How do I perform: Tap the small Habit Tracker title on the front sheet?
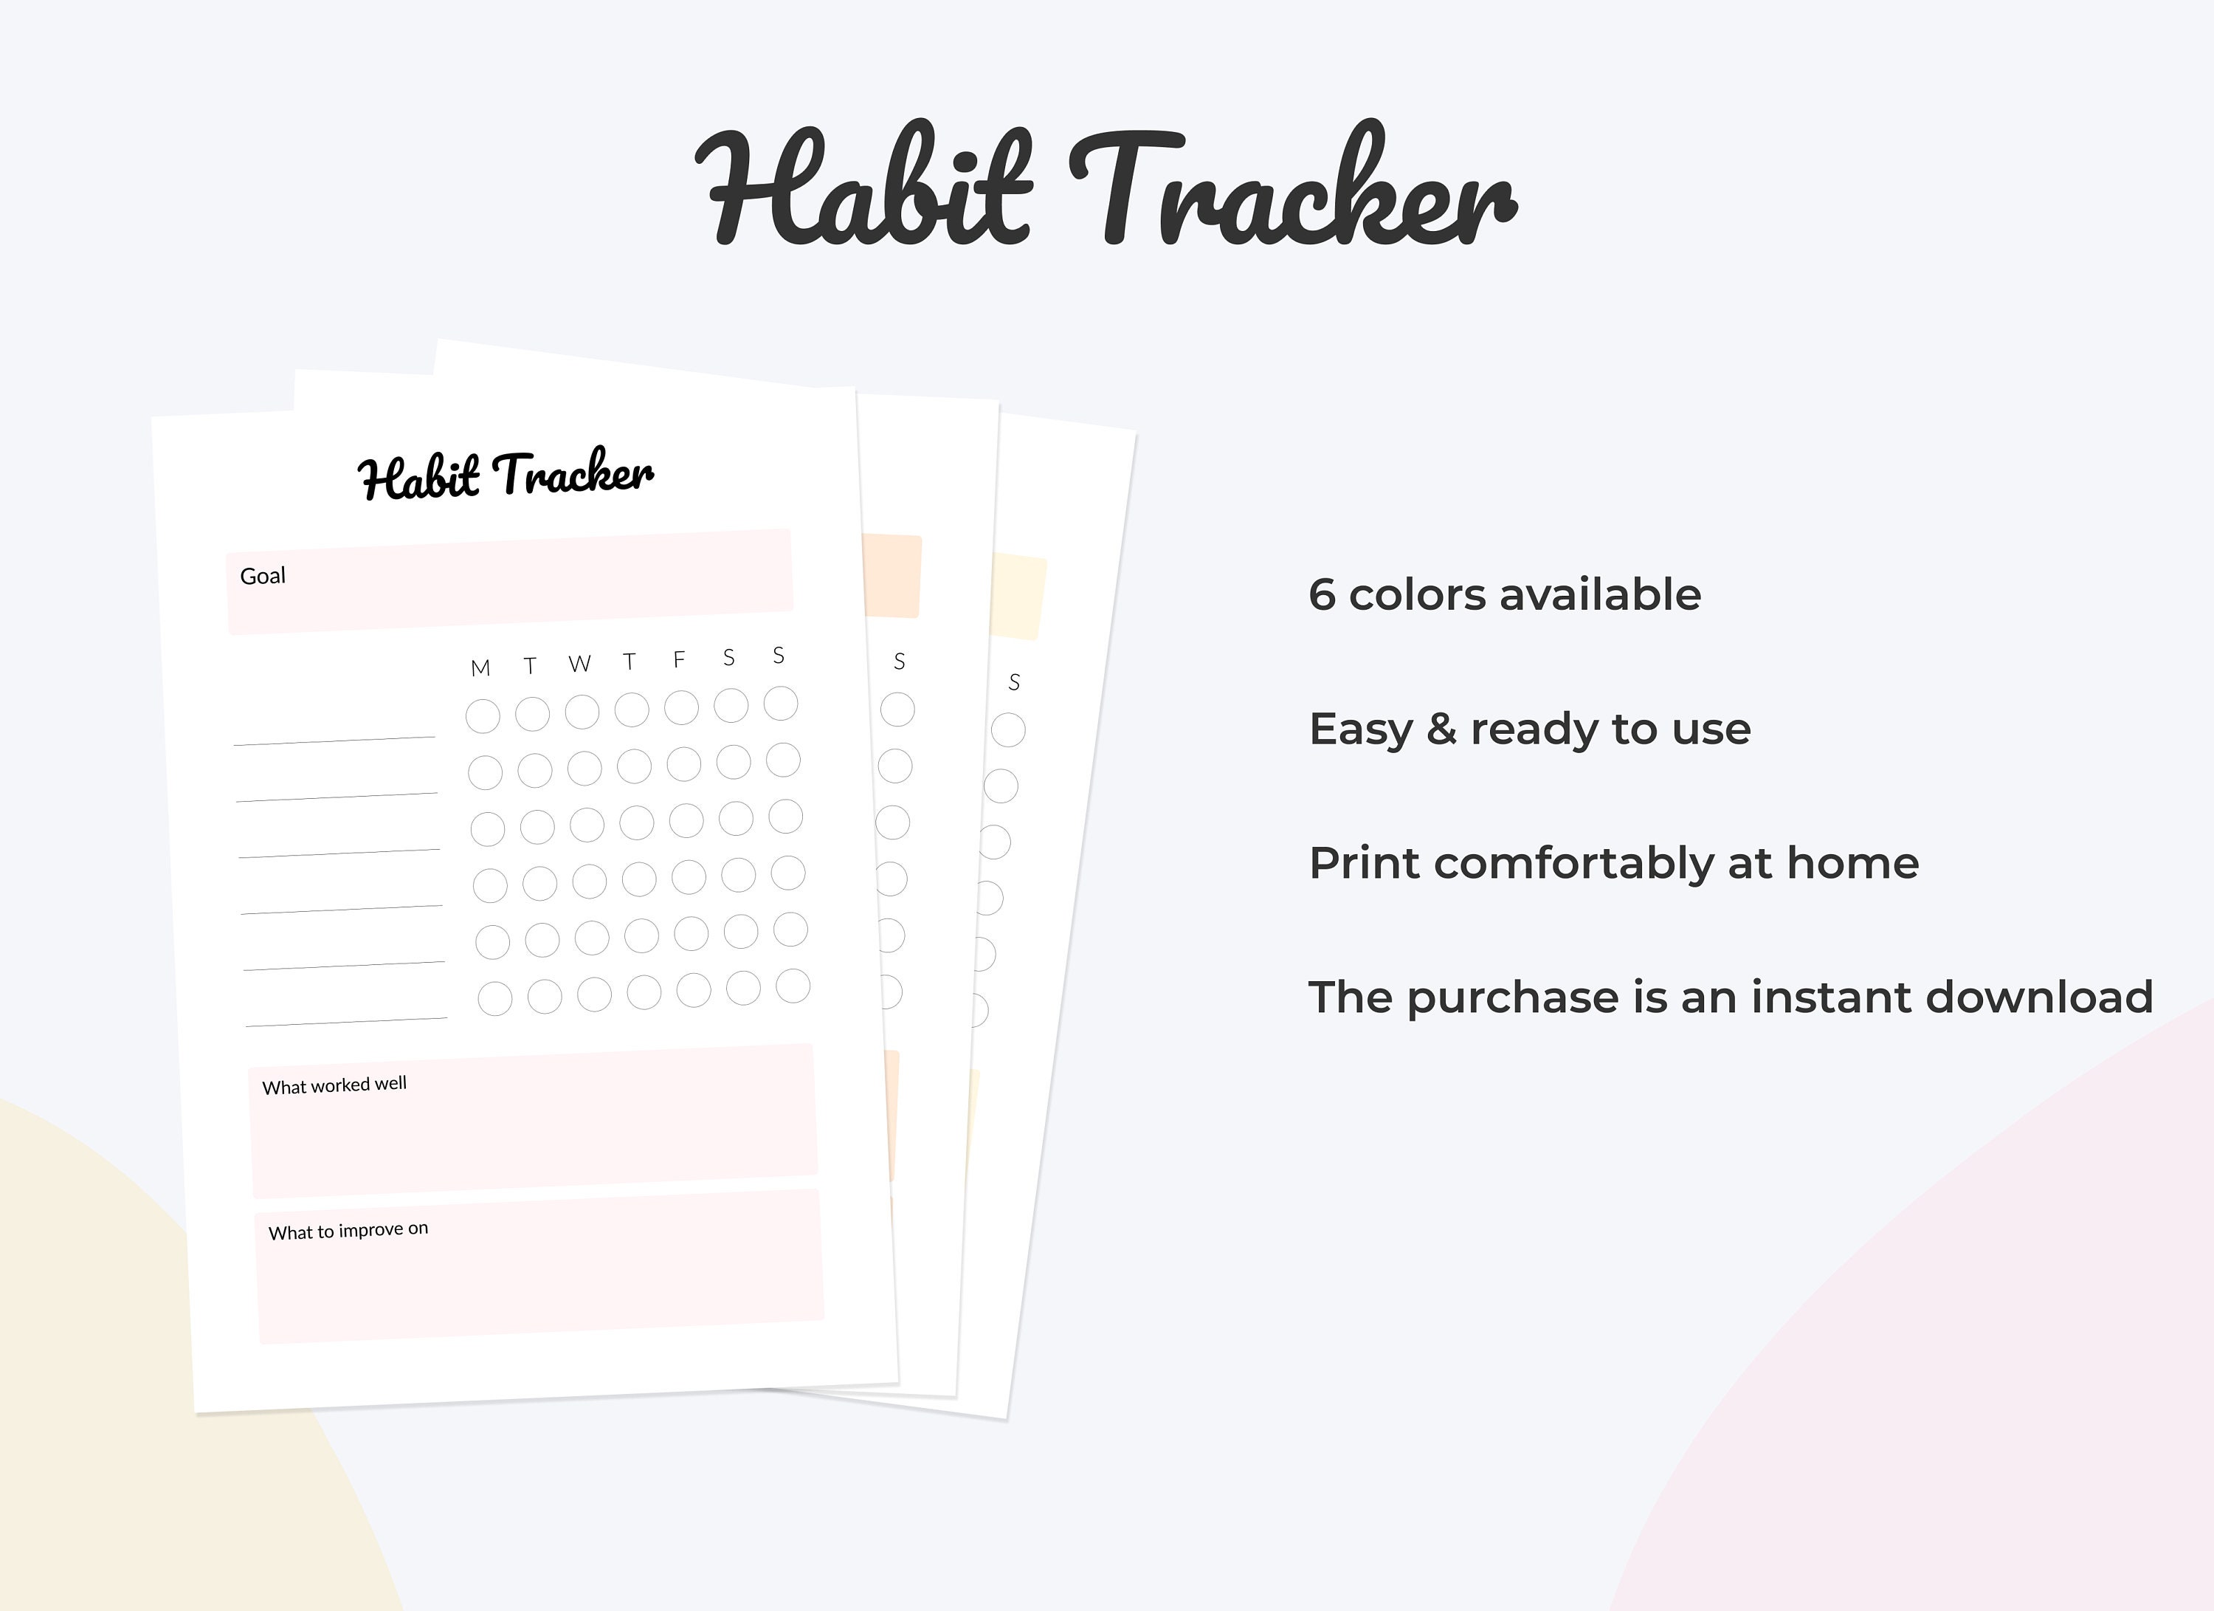point(505,475)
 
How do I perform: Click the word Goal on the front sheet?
point(263,576)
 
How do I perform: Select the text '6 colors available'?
point(1504,594)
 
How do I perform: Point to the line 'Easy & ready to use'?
point(1528,729)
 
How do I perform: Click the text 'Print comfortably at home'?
point(1613,863)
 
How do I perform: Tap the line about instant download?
point(1730,997)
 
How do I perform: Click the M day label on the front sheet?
point(480,669)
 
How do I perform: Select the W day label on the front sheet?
point(580,664)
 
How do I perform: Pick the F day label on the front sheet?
point(680,660)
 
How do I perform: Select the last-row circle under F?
point(694,990)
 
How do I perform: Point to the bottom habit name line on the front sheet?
point(347,1023)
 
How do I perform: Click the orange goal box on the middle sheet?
point(892,576)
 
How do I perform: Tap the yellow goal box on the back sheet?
point(1018,597)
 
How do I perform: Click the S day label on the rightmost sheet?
point(1014,682)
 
